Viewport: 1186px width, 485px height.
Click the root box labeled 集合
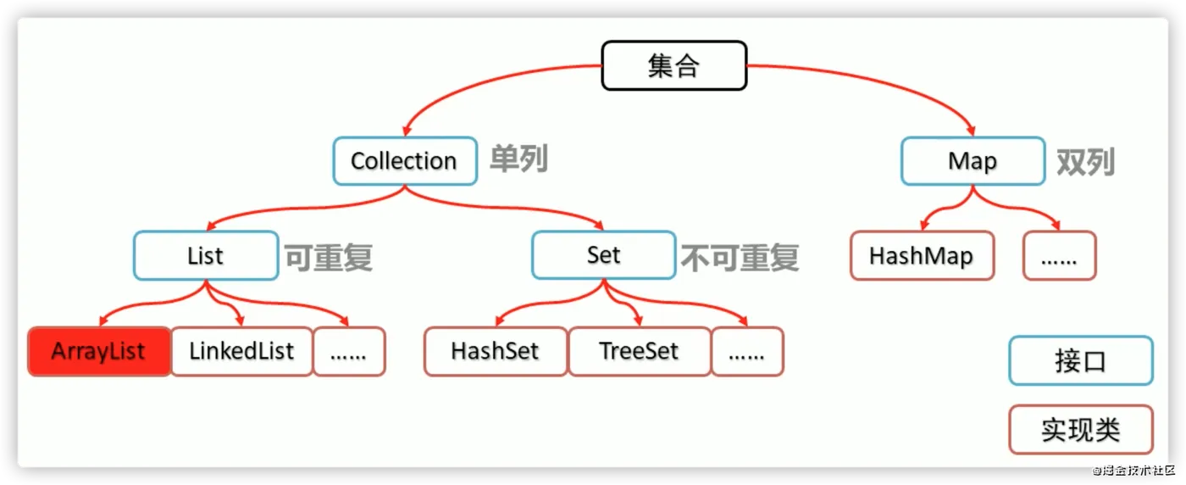pos(673,66)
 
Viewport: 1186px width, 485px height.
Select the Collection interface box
pos(403,161)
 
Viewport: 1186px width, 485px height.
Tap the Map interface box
pos(972,161)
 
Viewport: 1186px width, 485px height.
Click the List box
pos(205,255)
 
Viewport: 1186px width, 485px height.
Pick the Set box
pos(603,255)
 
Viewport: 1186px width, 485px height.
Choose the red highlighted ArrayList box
pos(99,351)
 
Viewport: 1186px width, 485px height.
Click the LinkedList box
pos(241,351)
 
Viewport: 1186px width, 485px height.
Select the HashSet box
pos(496,351)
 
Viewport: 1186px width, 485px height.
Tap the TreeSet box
pos(639,351)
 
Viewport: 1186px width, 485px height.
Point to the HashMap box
pos(922,255)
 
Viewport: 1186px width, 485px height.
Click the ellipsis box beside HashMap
pos(1059,255)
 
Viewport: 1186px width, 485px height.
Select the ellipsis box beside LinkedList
pos(349,351)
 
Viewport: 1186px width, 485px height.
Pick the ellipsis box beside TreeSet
pos(747,351)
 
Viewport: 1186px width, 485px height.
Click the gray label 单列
pos(518,159)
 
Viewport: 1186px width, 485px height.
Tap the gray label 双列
pos(1085,161)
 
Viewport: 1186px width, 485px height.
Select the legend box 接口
pos(1080,361)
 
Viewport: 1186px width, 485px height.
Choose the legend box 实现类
pos(1080,430)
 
